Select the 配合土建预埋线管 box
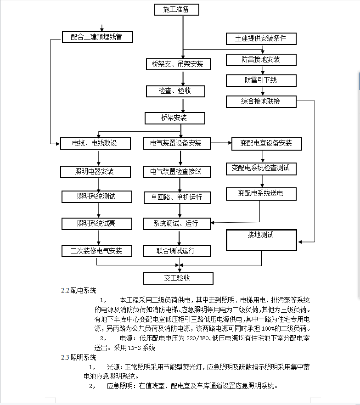pos(97,37)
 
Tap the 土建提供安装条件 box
pos(261,39)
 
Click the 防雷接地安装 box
pos(261,60)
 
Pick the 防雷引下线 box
pos(261,80)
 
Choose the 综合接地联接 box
pos(261,101)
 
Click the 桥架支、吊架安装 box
pos(177,64)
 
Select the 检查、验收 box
pos(175,91)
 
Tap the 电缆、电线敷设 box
pos(97,143)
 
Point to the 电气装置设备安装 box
pos(177,143)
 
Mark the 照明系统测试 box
pos(97,197)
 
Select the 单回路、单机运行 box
pos(177,197)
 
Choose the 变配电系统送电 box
pos(260,193)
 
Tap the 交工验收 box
pos(178,278)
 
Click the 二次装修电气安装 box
pos(97,251)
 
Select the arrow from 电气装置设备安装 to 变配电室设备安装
pos(221,143)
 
